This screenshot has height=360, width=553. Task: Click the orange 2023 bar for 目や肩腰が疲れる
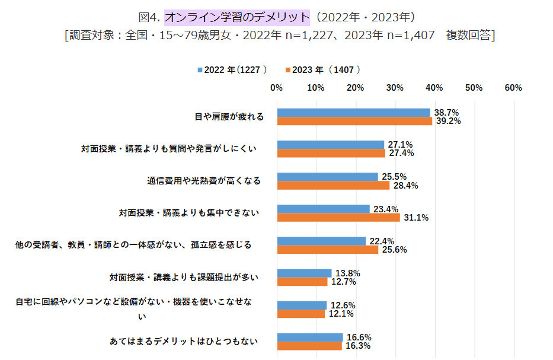pyautogui.click(x=354, y=121)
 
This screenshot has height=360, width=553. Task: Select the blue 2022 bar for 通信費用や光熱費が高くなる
pyautogui.click(x=327, y=177)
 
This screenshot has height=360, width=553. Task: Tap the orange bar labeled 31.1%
pyautogui.click(x=338, y=217)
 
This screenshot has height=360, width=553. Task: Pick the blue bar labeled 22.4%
pyautogui.click(x=321, y=241)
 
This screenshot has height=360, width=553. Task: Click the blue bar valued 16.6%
pyautogui.click(x=309, y=337)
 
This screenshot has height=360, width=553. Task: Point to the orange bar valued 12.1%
pyautogui.click(x=301, y=313)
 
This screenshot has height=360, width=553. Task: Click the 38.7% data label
pyautogui.click(x=446, y=112)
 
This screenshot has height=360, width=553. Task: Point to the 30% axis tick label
pyautogui.click(x=395, y=88)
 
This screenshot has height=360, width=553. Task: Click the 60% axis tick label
pyautogui.click(x=513, y=88)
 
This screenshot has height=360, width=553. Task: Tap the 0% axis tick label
pyautogui.click(x=276, y=88)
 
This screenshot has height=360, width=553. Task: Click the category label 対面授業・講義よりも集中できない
pyautogui.click(x=189, y=212)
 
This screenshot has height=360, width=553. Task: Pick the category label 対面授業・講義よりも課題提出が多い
pyautogui.click(x=184, y=276)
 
